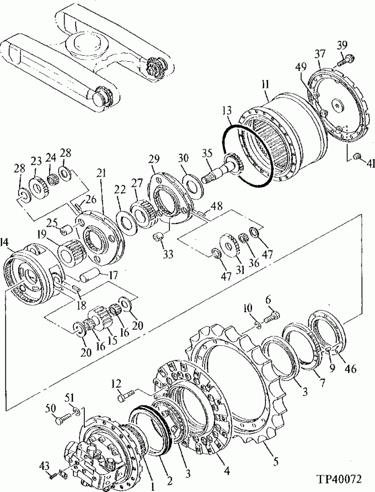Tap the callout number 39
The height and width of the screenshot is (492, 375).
coord(342,45)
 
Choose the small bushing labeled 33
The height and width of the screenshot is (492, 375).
coord(159,238)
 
